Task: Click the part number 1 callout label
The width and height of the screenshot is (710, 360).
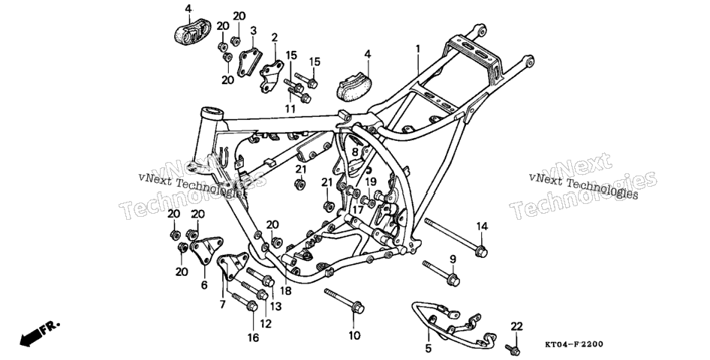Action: point(418,48)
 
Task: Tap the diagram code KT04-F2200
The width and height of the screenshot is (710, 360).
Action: point(573,344)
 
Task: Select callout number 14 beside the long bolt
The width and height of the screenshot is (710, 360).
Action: point(483,226)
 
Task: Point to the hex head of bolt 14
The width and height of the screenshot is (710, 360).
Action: point(481,251)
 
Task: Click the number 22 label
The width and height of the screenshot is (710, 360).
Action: point(516,326)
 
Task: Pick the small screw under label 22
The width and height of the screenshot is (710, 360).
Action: point(513,349)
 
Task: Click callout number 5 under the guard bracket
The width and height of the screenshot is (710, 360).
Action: point(429,348)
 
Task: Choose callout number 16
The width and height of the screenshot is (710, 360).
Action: point(253,337)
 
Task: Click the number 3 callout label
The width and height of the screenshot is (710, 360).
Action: point(253,31)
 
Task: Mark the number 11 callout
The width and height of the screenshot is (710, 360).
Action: point(290,109)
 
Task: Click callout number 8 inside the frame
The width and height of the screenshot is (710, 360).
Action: point(355,152)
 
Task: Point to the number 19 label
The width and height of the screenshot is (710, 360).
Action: point(371,181)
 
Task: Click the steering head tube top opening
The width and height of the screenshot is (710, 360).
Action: point(212,112)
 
